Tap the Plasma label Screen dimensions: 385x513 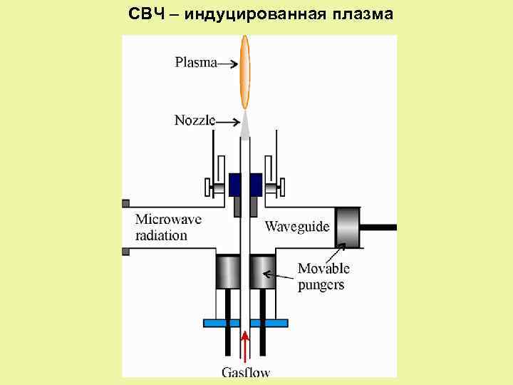click(195, 63)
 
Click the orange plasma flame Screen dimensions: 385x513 click(245, 71)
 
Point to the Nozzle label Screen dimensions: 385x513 click(194, 120)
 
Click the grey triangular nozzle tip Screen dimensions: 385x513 click(245, 127)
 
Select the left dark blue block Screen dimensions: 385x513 click(236, 183)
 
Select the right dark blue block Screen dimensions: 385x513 click(255, 183)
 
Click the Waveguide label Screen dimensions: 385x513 click(297, 227)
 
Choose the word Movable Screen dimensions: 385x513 click(323, 269)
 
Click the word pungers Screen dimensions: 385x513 click(321, 284)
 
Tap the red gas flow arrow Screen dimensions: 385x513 click(245, 349)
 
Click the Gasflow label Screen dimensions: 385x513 click(246, 371)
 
